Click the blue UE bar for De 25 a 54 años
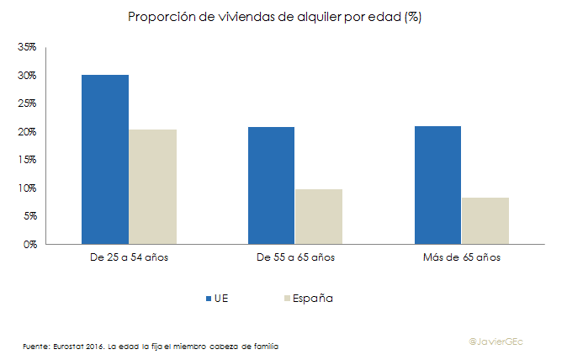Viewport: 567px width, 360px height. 105,160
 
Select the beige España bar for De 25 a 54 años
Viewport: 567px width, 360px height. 152,187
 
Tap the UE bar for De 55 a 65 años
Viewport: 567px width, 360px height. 271,185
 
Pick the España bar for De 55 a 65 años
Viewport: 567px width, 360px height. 318,216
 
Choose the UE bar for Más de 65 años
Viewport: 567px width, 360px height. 437,185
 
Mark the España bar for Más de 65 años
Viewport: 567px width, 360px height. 485,220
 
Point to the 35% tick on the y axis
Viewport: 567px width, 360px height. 28,47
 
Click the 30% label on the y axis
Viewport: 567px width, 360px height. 28,76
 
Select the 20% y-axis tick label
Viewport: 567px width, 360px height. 28,132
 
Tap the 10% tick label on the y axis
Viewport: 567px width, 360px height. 28,188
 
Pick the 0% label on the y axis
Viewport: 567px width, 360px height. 30,244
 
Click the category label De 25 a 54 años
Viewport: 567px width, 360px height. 129,257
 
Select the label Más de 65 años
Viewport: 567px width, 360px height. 461,257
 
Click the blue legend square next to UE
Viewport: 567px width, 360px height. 209,298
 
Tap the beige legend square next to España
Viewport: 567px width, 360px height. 288,298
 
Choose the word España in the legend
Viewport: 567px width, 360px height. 313,298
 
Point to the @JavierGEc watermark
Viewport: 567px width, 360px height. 501,341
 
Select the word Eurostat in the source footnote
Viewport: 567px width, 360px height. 69,346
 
